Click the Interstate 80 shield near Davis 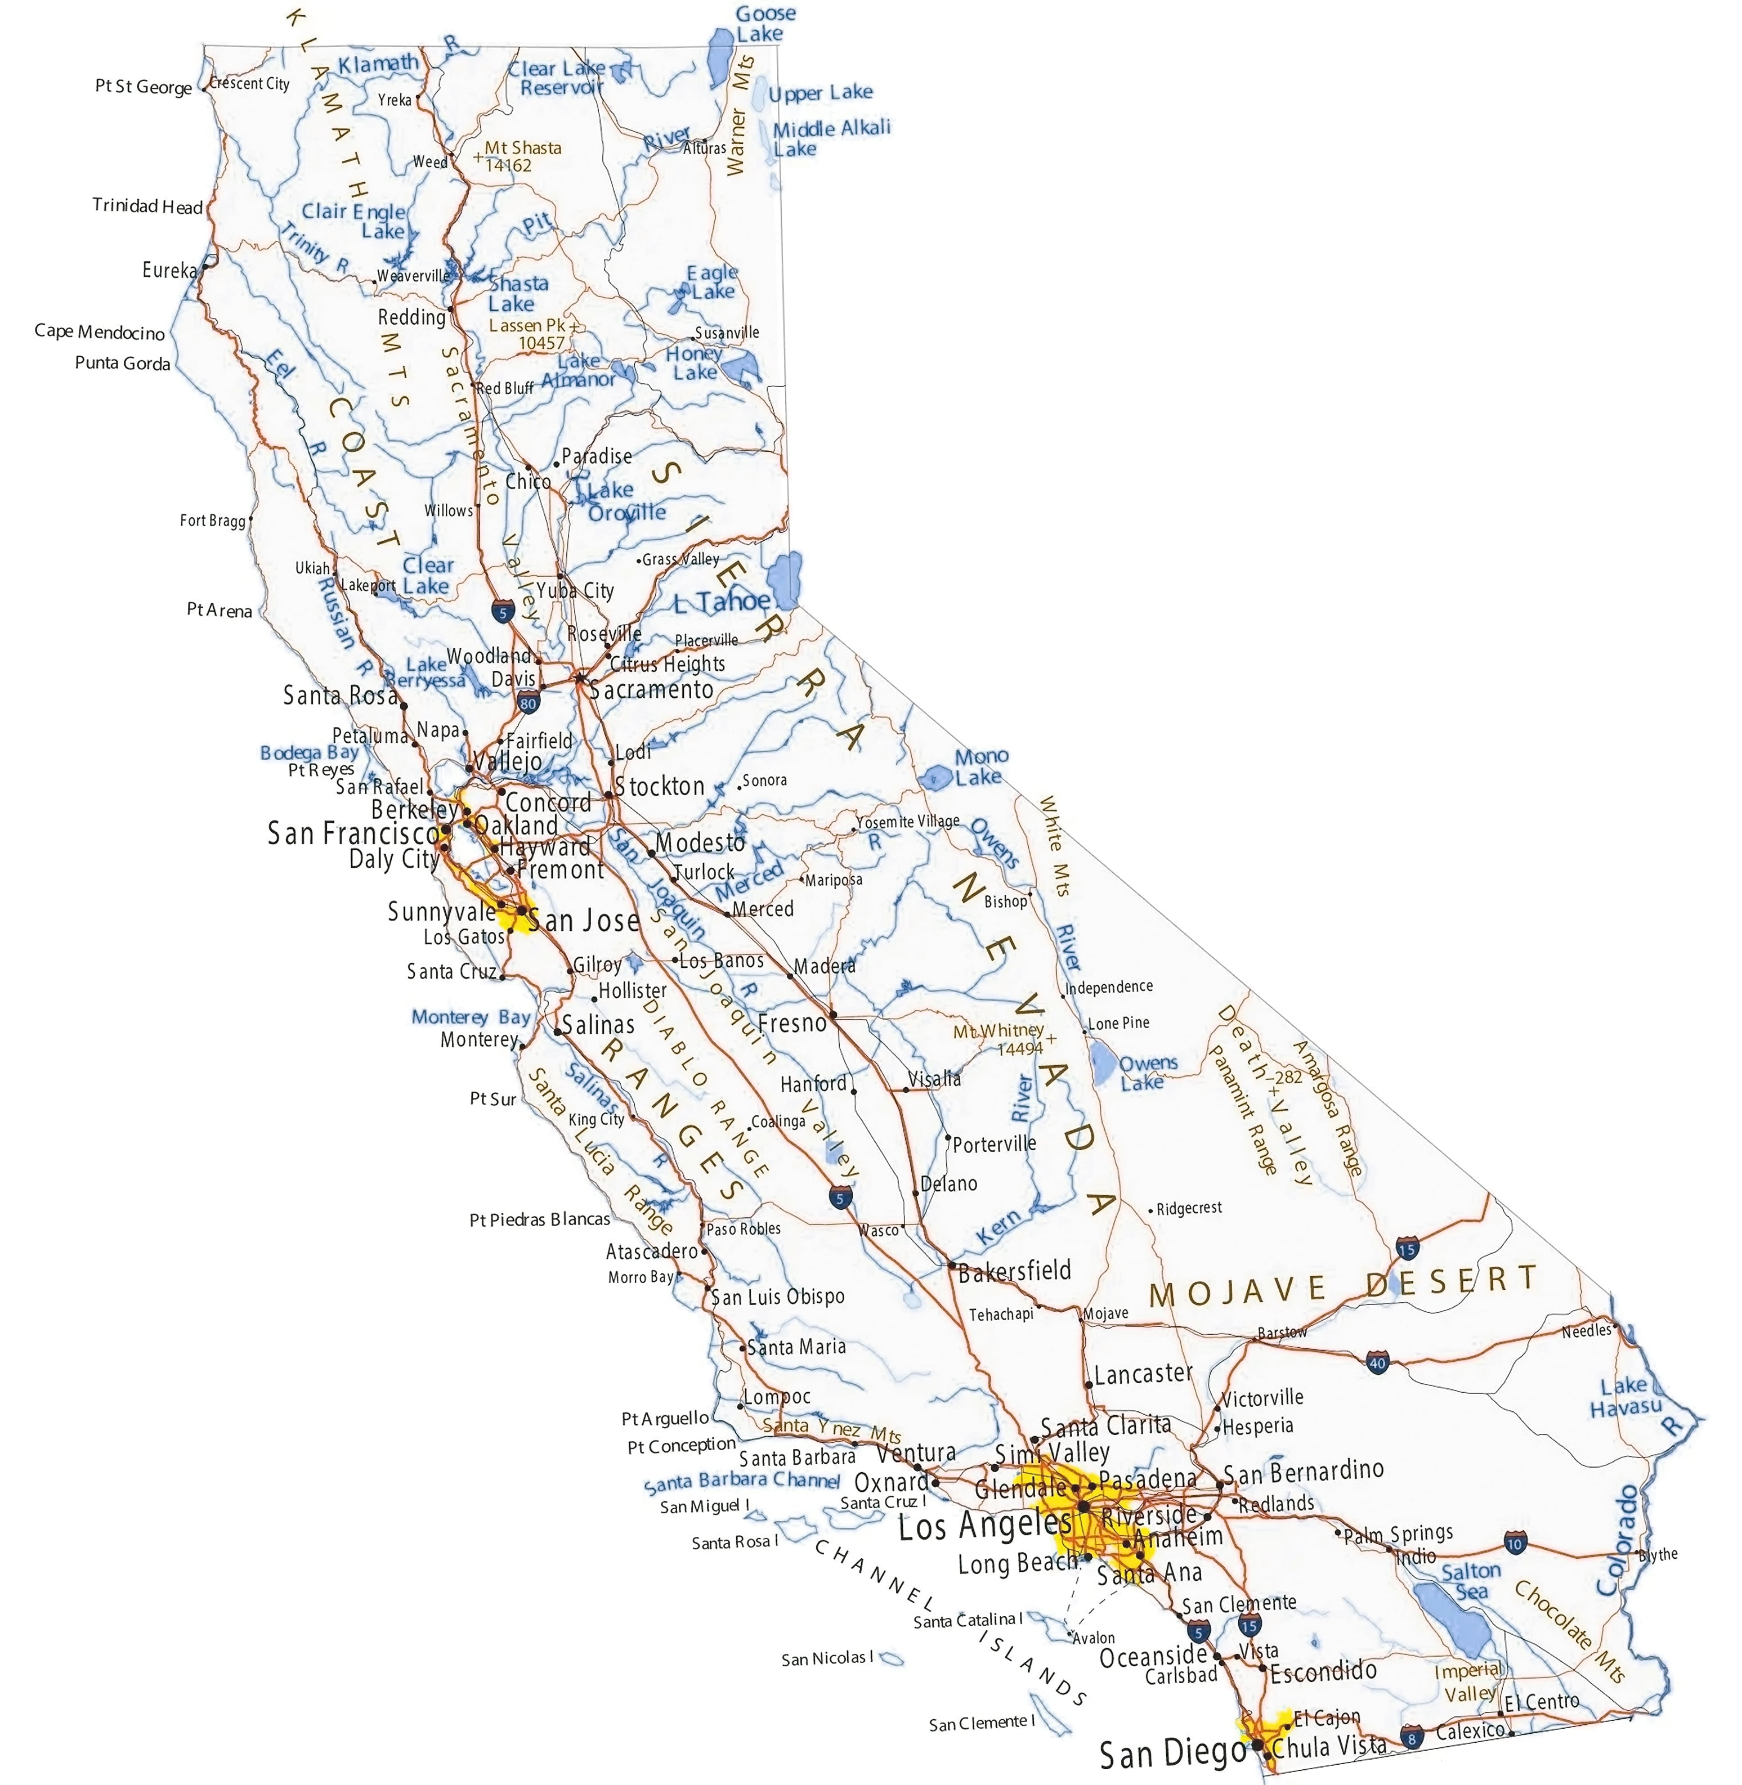tap(528, 703)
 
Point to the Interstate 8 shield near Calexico tap(1412, 1735)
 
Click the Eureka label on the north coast tap(169, 270)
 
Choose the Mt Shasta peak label tap(522, 147)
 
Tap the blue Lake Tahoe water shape tap(784, 579)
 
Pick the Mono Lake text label tap(981, 766)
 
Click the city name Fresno tap(791, 1023)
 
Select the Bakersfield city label tap(1014, 1270)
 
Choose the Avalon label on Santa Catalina tap(1094, 1638)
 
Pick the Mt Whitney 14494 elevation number tap(1018, 1048)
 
